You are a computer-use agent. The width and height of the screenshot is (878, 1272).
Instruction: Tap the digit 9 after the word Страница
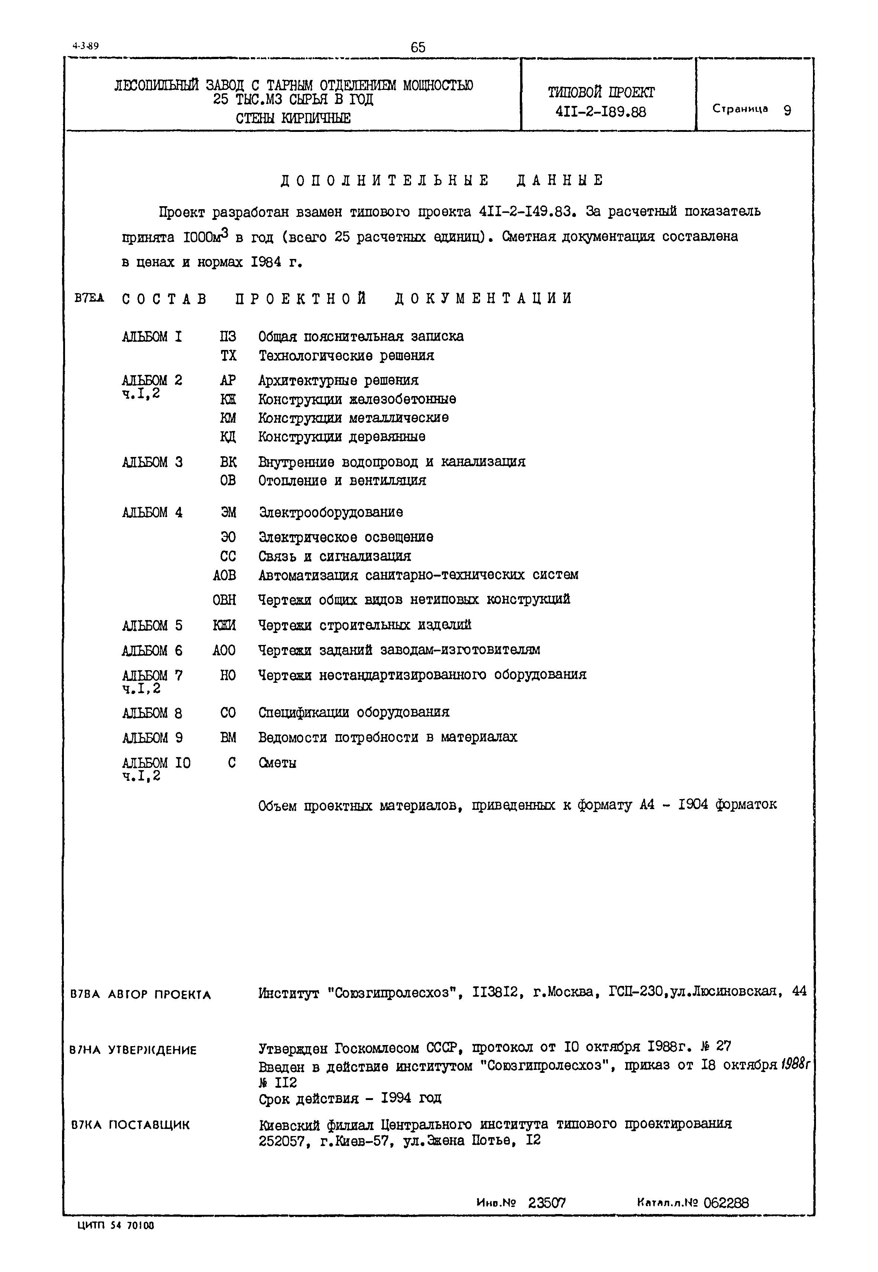tap(787, 110)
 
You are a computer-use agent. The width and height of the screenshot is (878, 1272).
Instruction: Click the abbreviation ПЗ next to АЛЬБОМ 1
tap(228, 337)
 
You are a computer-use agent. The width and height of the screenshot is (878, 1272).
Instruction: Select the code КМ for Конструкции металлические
tap(228, 418)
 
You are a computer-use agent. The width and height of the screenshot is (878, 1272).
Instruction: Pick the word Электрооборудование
tap(331, 513)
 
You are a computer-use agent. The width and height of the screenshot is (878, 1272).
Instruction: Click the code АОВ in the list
tap(224, 575)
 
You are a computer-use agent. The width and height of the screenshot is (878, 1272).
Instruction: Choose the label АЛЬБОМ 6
tap(152, 650)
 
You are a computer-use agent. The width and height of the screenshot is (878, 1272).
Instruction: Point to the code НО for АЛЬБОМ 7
tap(228, 675)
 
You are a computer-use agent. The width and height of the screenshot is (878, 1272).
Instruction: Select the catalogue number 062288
tap(726, 1203)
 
